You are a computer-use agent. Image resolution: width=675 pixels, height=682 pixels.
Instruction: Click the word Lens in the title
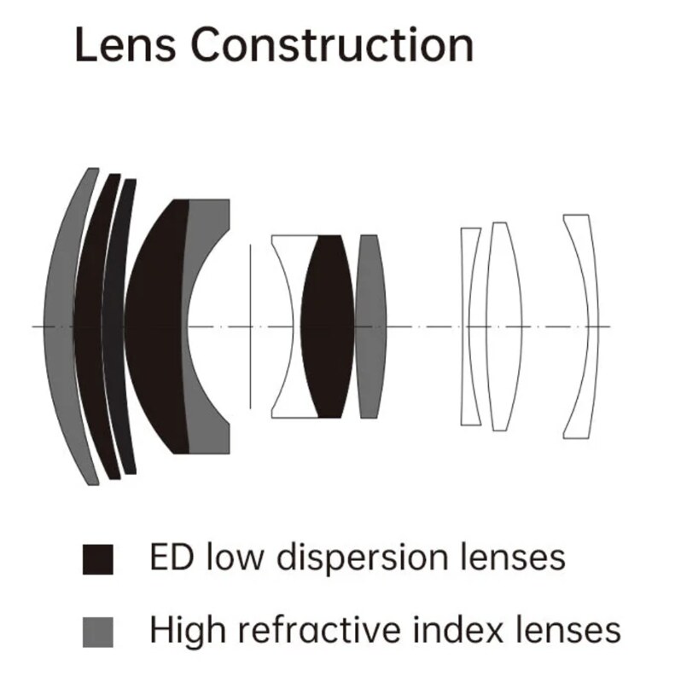point(125,44)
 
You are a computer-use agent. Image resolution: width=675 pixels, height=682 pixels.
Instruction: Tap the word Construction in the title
point(332,44)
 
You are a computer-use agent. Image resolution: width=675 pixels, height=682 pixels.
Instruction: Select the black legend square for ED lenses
point(98,559)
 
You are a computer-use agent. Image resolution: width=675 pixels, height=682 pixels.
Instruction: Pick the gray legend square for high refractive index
point(98,632)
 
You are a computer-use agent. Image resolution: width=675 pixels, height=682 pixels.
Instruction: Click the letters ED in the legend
point(172,557)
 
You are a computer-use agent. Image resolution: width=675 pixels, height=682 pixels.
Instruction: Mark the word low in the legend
point(235,557)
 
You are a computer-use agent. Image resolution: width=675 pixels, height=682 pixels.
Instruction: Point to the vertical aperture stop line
point(250,327)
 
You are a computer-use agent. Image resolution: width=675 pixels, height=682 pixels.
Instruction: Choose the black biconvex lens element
point(328,327)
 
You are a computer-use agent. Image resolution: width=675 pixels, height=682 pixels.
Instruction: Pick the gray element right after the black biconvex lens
point(370,327)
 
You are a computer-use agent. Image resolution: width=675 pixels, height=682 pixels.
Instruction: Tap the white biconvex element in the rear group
point(503,327)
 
